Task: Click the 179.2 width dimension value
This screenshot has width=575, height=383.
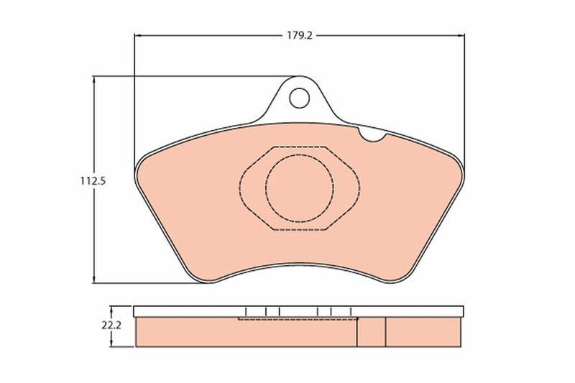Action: click(299, 35)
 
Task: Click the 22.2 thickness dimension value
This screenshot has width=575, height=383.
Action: click(112, 326)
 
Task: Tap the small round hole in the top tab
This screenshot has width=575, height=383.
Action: click(299, 98)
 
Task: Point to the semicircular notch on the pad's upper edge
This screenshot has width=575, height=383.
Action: click(372, 137)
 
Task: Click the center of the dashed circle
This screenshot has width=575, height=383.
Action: click(300, 188)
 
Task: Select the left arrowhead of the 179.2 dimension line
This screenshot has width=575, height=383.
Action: click(138, 35)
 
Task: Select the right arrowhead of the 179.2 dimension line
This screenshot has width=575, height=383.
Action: click(461, 35)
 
